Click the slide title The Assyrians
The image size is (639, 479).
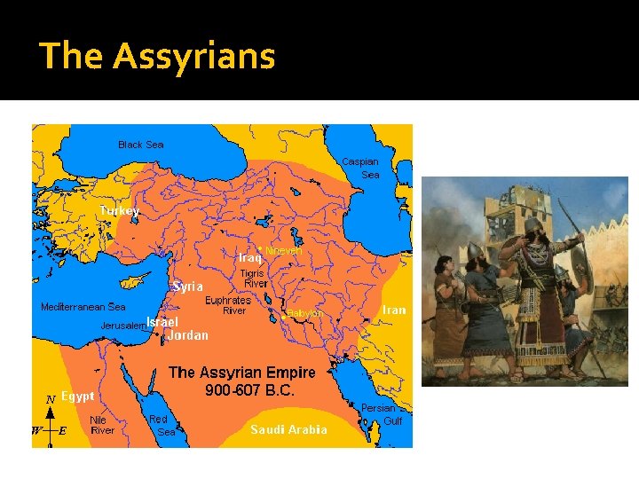click(x=157, y=56)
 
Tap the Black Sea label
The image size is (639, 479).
click(x=141, y=145)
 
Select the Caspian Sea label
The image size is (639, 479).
click(x=361, y=168)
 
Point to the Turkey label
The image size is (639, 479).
click(x=119, y=211)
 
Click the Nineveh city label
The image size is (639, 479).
click(x=284, y=251)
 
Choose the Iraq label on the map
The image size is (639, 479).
click(x=250, y=257)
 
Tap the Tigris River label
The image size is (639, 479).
click(x=256, y=279)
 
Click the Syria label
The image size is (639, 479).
click(x=187, y=287)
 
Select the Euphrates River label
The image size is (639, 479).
click(x=228, y=306)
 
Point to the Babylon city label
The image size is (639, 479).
click(x=304, y=314)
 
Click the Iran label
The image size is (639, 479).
click(x=393, y=310)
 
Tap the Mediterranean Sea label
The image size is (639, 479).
click(x=83, y=307)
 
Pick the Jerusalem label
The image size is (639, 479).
click(x=122, y=326)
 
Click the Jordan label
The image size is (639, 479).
click(x=188, y=335)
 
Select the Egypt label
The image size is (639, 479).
click(x=78, y=396)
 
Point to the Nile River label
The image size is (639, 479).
click(x=102, y=425)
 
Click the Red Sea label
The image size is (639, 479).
click(x=161, y=425)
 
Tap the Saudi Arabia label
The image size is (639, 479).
click(x=288, y=429)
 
